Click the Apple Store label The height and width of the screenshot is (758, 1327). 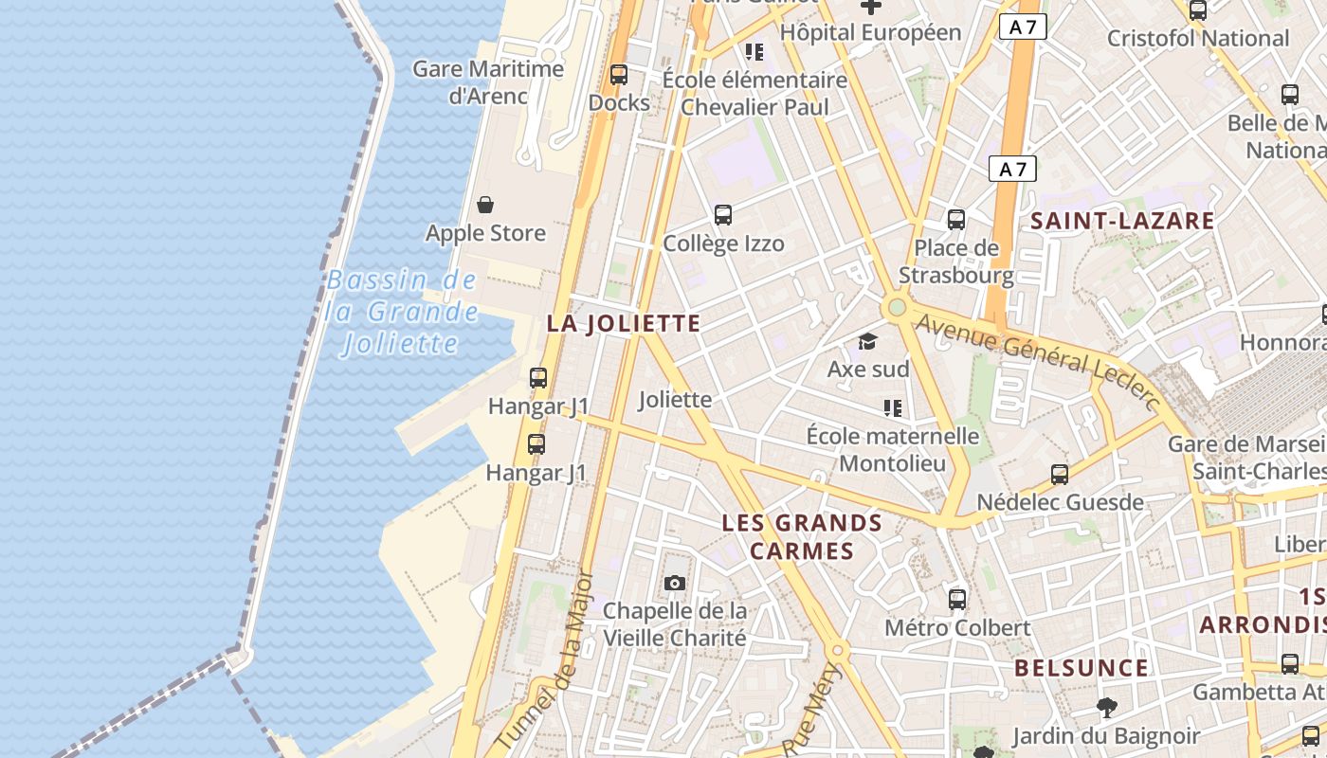(485, 233)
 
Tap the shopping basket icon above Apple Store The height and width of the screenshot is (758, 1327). (485, 205)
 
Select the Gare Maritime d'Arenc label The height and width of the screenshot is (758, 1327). (488, 81)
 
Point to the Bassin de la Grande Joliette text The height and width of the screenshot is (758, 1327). (401, 311)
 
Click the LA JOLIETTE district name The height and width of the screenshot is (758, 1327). (624, 323)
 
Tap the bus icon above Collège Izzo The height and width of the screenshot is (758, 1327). (723, 215)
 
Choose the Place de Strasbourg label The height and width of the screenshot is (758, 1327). (956, 262)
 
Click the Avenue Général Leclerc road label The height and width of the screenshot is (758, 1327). (1039, 362)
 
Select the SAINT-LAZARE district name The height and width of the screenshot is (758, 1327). (1122, 221)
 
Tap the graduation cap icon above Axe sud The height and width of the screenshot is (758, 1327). (867, 341)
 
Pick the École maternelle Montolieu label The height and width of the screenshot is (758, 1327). (893, 449)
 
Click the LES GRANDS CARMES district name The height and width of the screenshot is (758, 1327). (802, 536)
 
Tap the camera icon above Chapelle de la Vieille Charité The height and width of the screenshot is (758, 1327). (675, 583)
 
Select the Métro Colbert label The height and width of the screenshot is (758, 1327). (957, 627)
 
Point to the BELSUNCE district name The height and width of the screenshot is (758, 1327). (1082, 668)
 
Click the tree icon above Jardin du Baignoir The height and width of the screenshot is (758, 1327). (1106, 707)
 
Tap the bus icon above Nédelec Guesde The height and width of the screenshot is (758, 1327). (1060, 474)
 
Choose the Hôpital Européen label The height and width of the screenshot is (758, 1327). (870, 32)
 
